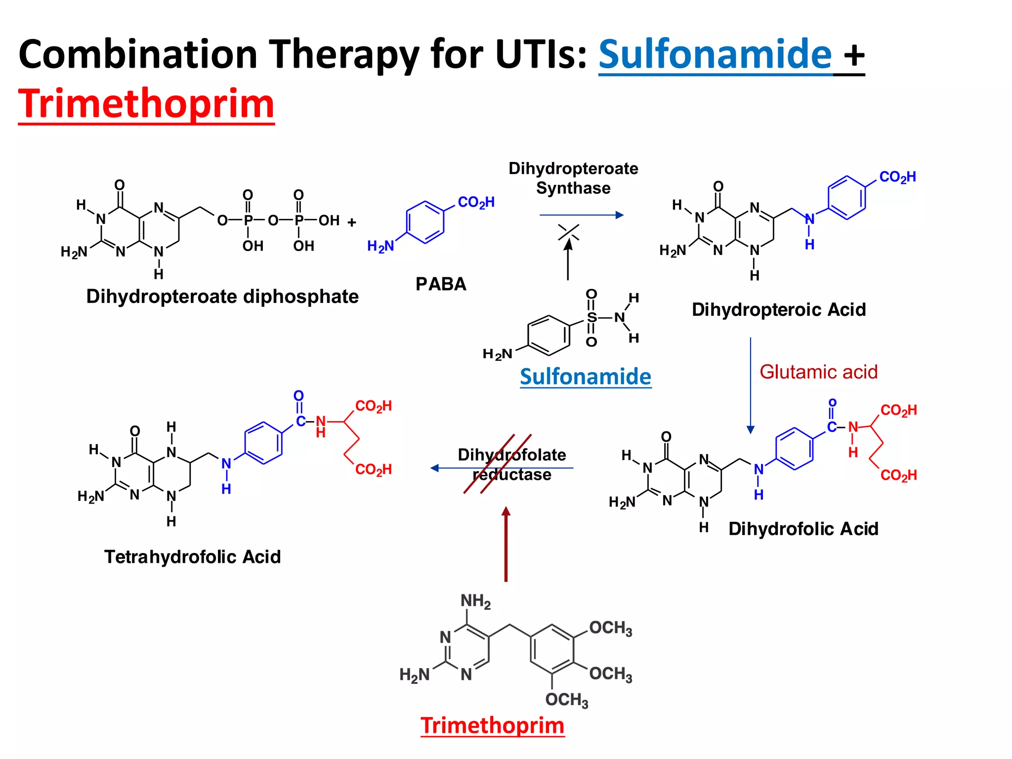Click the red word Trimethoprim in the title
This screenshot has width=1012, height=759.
pyautogui.click(x=146, y=104)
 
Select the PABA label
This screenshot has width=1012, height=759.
pyautogui.click(x=441, y=284)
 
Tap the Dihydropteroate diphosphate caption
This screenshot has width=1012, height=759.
pyautogui.click(x=222, y=296)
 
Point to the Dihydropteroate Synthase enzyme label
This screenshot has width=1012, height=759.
pyautogui.click(x=573, y=178)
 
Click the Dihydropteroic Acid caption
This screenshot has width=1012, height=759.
pyautogui.click(x=779, y=310)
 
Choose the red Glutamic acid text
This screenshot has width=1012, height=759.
pyautogui.click(x=818, y=372)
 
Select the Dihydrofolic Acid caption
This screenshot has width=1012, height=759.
pyautogui.click(x=803, y=529)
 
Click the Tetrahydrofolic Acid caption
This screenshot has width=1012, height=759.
pyautogui.click(x=193, y=557)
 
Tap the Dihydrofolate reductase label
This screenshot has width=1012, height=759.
pyautogui.click(x=512, y=464)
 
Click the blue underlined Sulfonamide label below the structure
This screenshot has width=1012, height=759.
pyautogui.click(x=586, y=377)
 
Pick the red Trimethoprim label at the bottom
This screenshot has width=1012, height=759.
pyautogui.click(x=492, y=725)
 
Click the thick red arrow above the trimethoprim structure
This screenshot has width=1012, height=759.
pyautogui.click(x=506, y=544)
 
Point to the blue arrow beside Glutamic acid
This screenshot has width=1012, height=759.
pyautogui.click(x=751, y=385)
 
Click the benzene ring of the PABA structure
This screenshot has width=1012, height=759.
pyautogui.click(x=425, y=222)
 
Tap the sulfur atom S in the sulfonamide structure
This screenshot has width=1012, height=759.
pyautogui.click(x=592, y=317)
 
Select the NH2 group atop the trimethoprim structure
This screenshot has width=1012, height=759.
pyautogui.click(x=475, y=601)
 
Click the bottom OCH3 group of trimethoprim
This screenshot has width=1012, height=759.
pyautogui.click(x=567, y=700)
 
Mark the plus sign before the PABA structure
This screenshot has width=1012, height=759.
pyautogui.click(x=352, y=222)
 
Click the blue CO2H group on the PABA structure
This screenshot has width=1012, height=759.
pyautogui.click(x=476, y=202)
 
